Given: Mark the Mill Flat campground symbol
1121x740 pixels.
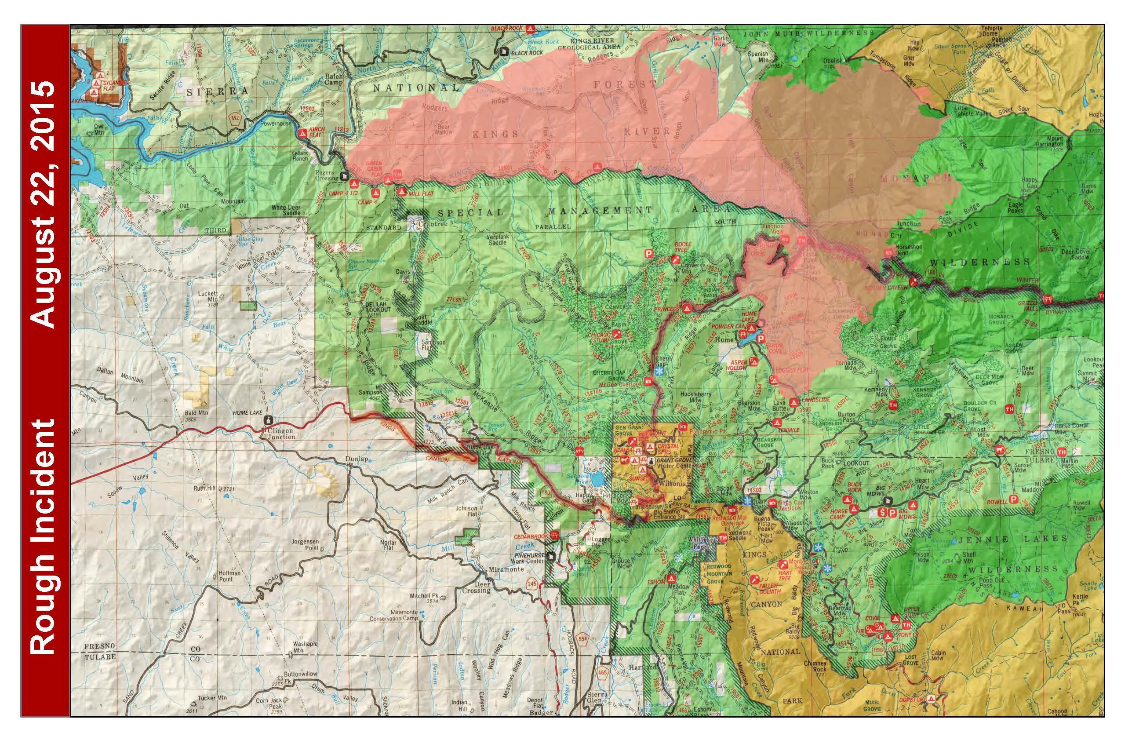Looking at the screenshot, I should pos(401,192).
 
